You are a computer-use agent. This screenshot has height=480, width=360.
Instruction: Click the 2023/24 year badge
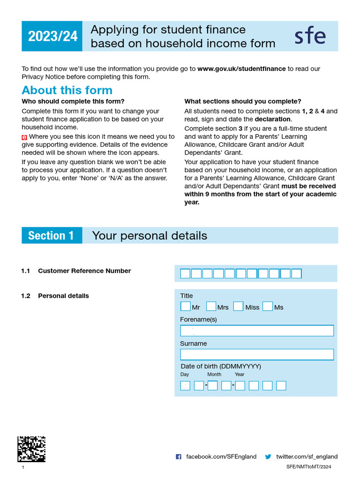[x=52, y=36]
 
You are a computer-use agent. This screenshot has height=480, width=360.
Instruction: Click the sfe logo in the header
[x=310, y=36]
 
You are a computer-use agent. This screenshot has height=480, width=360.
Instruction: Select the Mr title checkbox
[x=186, y=307]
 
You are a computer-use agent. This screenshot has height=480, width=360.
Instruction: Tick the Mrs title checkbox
[x=211, y=307]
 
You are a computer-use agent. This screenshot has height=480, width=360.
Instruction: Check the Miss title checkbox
[x=238, y=307]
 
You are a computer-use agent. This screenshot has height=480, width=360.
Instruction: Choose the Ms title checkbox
[x=268, y=307]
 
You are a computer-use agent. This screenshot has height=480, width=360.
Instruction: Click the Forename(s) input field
[x=257, y=330]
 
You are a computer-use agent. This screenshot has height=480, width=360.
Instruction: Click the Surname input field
[x=257, y=354]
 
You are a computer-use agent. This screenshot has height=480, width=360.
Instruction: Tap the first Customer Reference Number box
[x=185, y=274]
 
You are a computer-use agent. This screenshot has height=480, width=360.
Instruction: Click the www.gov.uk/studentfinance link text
[x=241, y=68]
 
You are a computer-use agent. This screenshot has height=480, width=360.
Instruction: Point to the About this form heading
[x=67, y=90]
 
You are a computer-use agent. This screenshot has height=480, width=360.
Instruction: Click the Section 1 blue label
[x=52, y=235]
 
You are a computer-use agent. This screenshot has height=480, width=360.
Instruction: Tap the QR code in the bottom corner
[x=31, y=449]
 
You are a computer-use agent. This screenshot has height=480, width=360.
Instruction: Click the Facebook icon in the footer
[x=179, y=457]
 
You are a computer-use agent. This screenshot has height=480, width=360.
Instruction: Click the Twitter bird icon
[x=268, y=457]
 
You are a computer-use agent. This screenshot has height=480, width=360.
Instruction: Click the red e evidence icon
[x=24, y=137]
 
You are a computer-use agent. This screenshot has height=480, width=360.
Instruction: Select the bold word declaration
[x=272, y=119]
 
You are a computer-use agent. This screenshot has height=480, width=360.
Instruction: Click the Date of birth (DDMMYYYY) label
[x=221, y=366]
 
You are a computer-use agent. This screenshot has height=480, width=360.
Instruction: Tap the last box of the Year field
[x=281, y=386]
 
